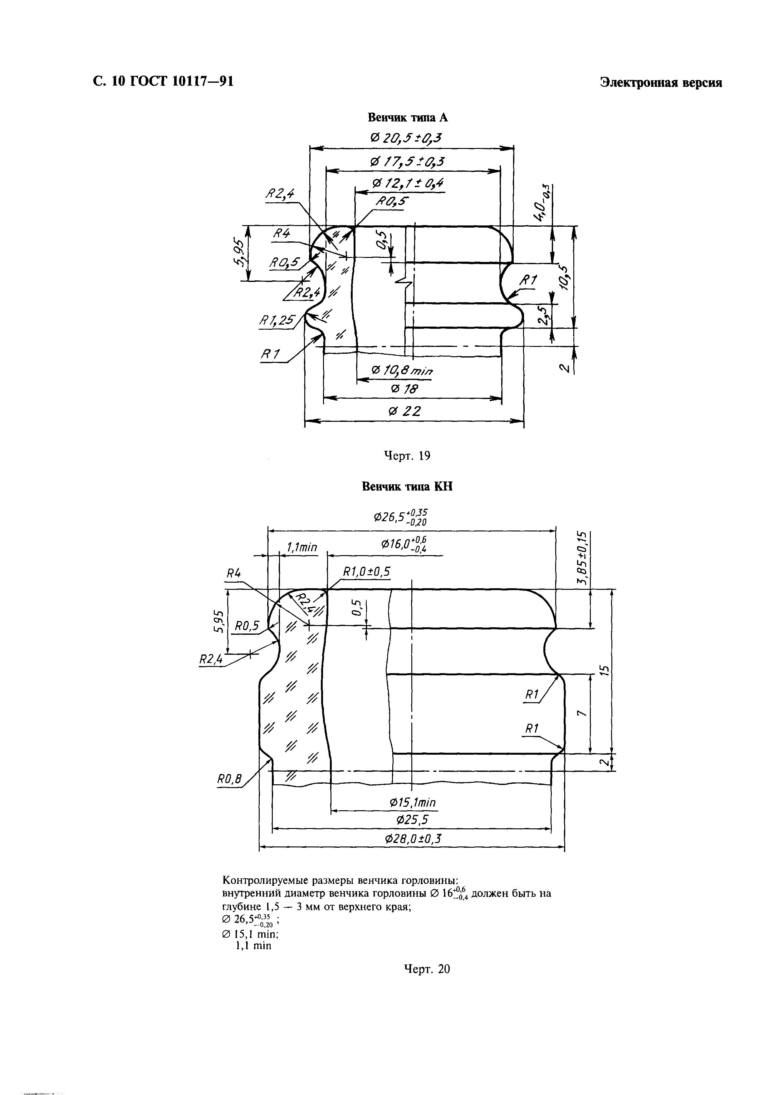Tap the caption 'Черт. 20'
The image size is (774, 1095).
point(427,969)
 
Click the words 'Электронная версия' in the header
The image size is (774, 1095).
point(661,82)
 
